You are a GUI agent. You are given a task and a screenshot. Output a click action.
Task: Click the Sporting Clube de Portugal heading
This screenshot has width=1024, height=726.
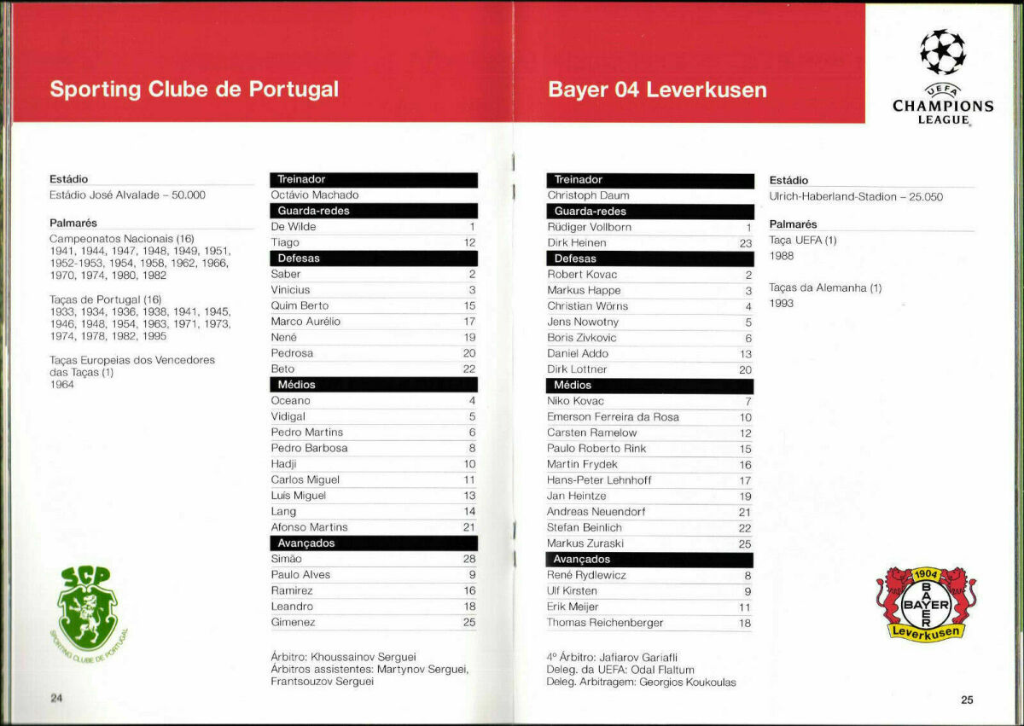[x=194, y=90]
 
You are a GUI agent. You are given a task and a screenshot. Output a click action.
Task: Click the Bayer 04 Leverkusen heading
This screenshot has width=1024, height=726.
[x=657, y=90]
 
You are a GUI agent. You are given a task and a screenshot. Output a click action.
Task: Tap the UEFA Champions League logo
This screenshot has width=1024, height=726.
[x=943, y=77]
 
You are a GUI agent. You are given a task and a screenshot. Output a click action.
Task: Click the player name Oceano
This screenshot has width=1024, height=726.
[x=291, y=401]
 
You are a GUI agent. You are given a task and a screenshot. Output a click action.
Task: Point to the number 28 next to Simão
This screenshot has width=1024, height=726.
[x=468, y=559]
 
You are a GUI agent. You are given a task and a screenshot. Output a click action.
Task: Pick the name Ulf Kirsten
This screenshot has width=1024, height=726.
[x=572, y=591]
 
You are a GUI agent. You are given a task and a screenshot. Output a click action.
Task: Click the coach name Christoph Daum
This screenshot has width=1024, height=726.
[x=588, y=195]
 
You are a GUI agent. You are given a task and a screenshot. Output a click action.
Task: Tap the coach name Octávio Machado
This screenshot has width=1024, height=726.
[x=314, y=195]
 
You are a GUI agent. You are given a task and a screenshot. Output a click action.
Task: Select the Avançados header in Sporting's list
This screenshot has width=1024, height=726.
[x=306, y=543]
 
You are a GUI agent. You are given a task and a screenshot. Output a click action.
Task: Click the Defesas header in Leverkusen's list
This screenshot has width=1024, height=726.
[x=575, y=258]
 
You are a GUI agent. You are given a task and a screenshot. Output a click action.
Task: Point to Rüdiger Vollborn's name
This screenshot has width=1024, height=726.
[x=589, y=228]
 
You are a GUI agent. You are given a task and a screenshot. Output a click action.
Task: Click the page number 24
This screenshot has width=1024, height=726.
[x=56, y=699]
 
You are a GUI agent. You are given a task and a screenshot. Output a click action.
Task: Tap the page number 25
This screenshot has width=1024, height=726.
[x=967, y=700]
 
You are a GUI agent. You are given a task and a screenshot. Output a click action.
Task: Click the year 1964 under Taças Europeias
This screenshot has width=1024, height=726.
[x=61, y=385]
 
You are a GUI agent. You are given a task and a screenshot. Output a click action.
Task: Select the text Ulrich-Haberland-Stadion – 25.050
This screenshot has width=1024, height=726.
[x=856, y=196]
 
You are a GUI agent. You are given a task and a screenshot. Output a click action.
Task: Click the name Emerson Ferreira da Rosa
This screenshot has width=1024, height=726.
[x=613, y=417]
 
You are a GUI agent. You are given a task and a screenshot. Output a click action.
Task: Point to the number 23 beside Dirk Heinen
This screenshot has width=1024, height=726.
[x=744, y=243]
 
